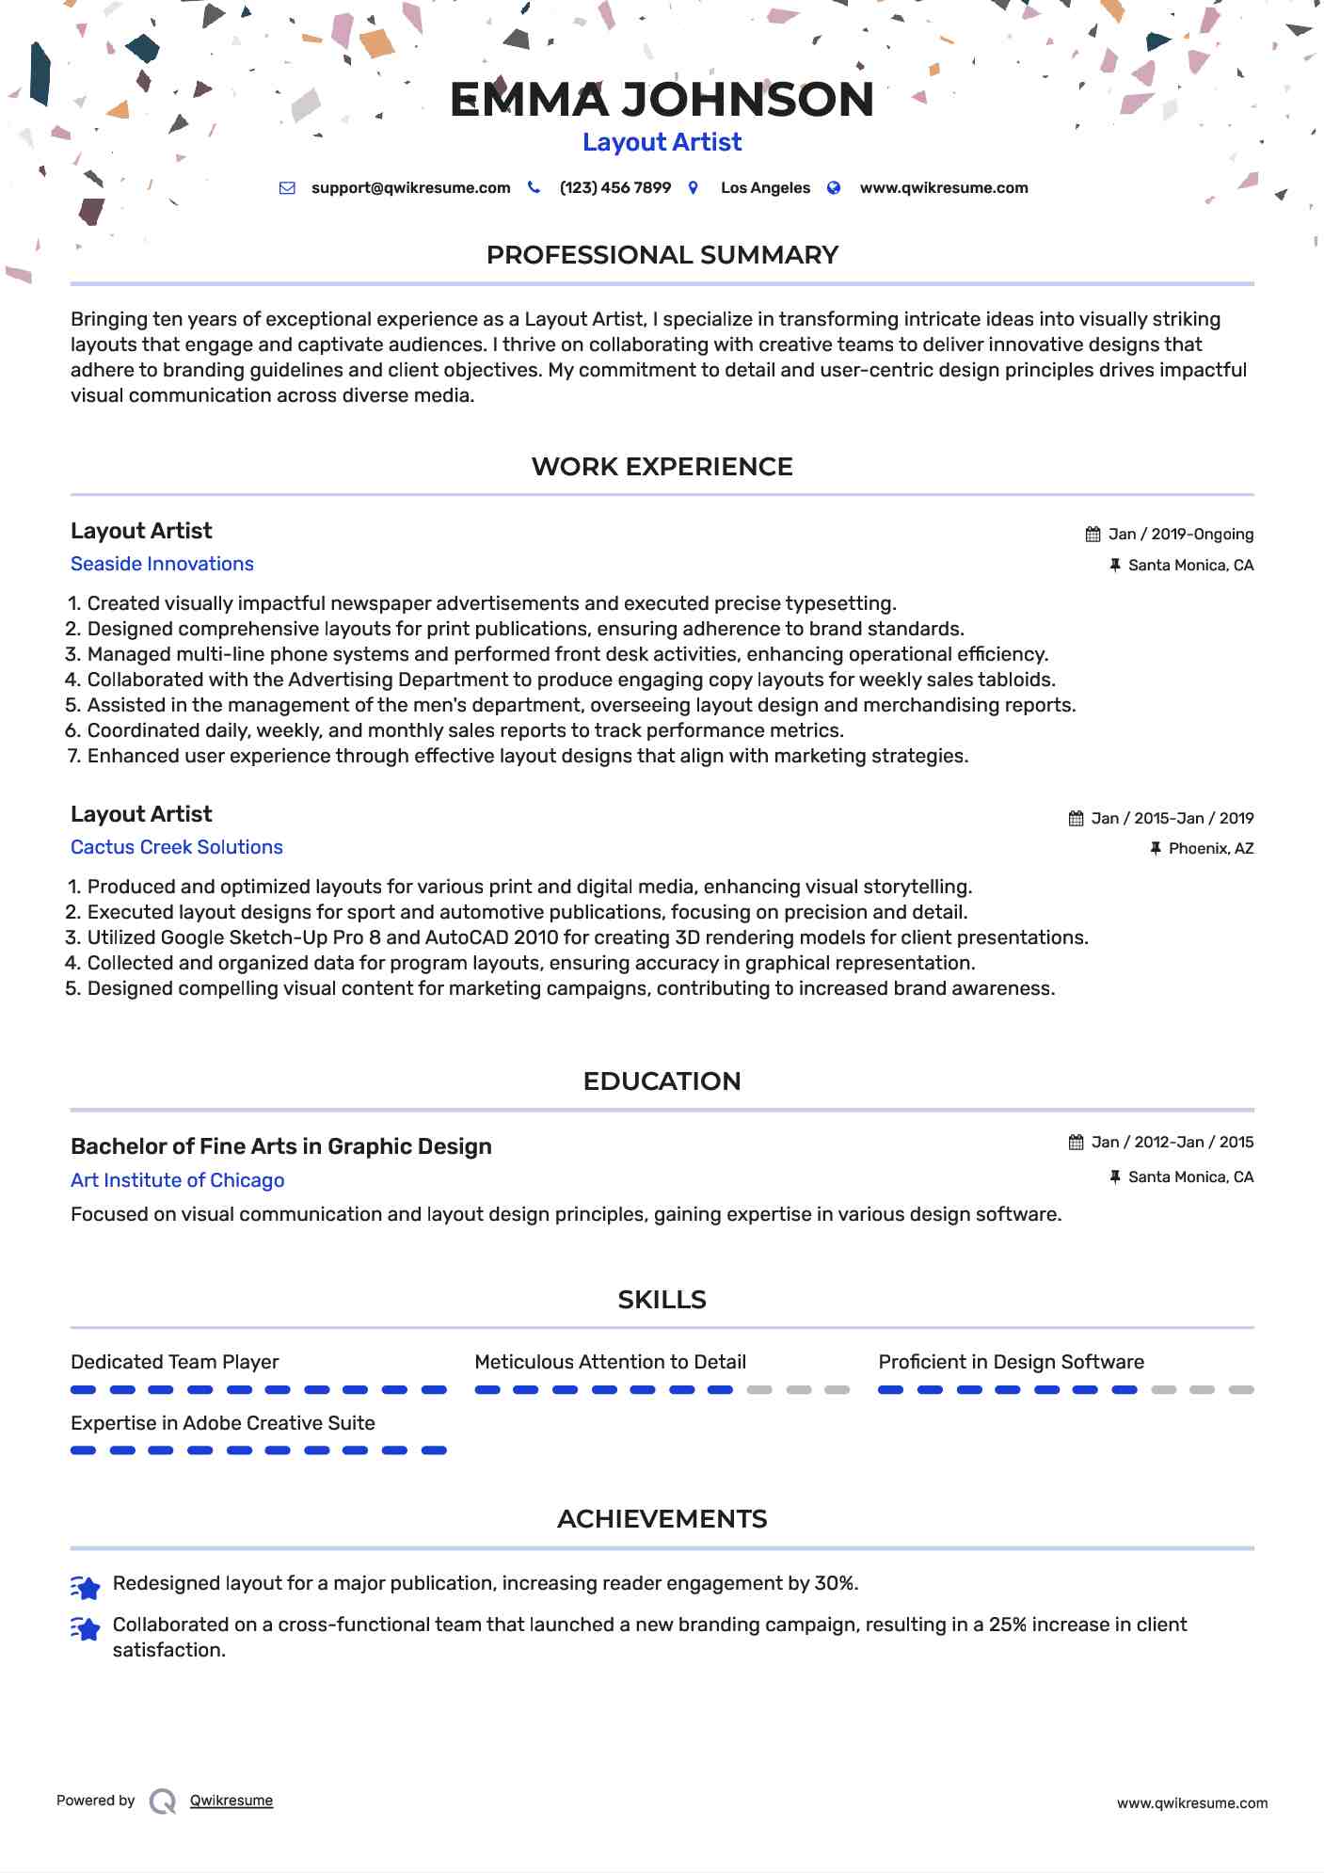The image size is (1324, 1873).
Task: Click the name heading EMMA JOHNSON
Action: (x=662, y=100)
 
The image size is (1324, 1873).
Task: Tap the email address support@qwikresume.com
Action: (x=410, y=187)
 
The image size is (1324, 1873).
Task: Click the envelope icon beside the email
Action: (x=287, y=188)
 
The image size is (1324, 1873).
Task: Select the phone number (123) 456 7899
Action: (x=614, y=187)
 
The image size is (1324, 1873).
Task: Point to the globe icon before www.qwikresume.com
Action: (x=833, y=188)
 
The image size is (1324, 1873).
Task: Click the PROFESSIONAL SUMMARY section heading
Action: (x=662, y=255)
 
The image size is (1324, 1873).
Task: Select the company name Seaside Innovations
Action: (x=162, y=564)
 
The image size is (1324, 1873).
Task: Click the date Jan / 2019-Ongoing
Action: (x=1180, y=535)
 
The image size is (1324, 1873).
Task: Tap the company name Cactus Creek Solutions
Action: (x=176, y=847)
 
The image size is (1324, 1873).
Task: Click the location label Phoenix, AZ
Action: (x=1210, y=849)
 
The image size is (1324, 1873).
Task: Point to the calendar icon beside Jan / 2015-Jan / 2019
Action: (x=1076, y=819)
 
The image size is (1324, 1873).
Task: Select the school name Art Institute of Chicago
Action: (x=177, y=1180)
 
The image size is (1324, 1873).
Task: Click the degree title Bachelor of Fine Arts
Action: (x=280, y=1146)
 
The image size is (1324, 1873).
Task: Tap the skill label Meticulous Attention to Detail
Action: (x=610, y=1362)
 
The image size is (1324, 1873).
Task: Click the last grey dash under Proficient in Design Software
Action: (x=1240, y=1390)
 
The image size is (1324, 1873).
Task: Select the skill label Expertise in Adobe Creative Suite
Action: (x=222, y=1423)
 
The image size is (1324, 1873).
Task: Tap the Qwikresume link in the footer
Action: (x=231, y=1801)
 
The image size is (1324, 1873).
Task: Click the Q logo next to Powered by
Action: (x=163, y=1801)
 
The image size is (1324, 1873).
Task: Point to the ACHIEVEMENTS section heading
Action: (x=662, y=1519)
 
